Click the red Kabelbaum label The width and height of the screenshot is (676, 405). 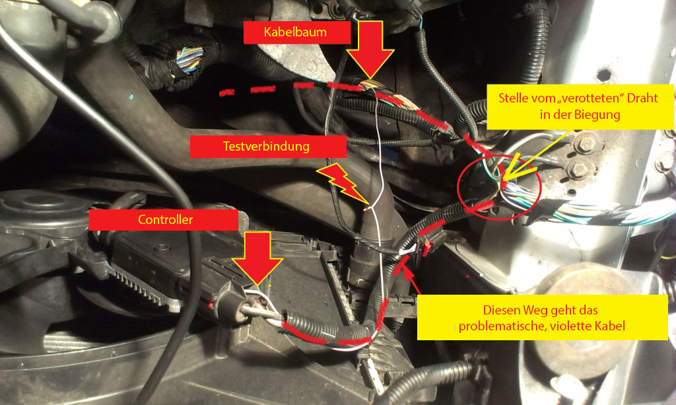pos(296,32)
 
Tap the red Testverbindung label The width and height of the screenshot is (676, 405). pos(268,147)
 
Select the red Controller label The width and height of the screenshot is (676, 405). pos(164,220)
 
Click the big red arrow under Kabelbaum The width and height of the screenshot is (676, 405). pos(370,49)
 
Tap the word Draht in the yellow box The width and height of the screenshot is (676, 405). pos(642,98)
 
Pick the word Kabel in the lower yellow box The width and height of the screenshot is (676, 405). pos(612,326)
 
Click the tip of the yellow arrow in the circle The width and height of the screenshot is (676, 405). pos(503,180)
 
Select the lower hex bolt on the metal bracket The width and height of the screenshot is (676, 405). pos(578,170)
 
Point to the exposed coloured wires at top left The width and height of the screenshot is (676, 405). pos(188,60)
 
